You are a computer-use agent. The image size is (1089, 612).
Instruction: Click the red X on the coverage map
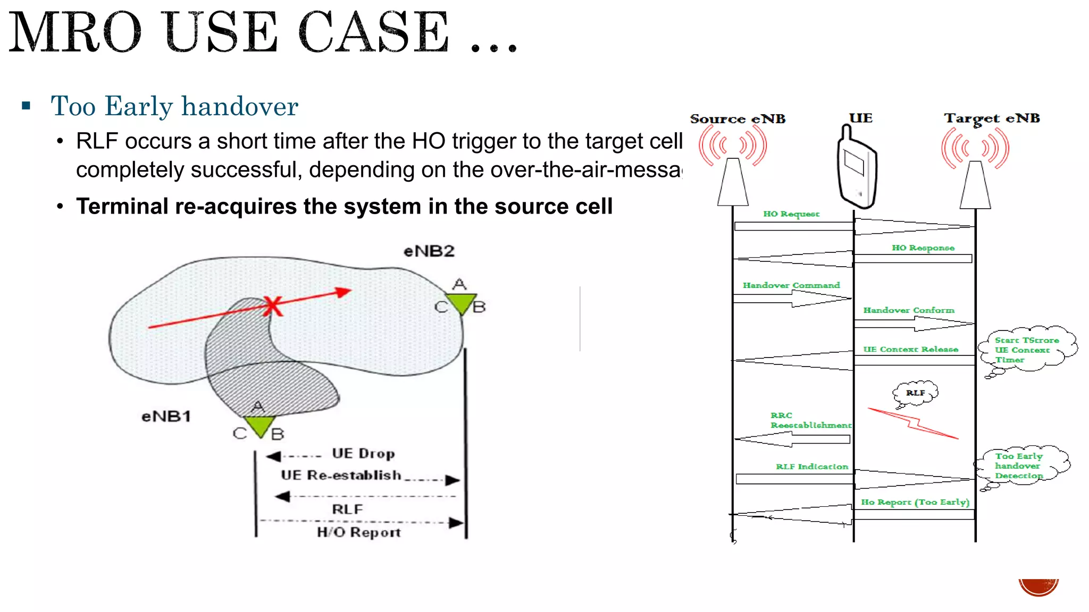[273, 306]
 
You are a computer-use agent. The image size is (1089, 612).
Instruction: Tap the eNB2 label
[429, 251]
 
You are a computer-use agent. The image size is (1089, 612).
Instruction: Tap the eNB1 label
[166, 416]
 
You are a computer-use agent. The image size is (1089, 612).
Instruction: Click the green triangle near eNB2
[460, 303]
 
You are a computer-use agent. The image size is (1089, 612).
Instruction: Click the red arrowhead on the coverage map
[344, 292]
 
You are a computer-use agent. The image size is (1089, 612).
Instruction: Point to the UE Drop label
[363, 454]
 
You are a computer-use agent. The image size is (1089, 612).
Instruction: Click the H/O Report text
[358, 532]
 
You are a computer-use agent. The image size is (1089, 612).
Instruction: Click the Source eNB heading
[738, 119]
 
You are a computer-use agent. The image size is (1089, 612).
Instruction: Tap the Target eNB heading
[992, 118]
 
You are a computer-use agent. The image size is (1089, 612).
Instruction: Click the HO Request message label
[791, 214]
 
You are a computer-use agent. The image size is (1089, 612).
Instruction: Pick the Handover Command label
[791, 285]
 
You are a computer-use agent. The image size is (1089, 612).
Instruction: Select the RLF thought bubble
[915, 393]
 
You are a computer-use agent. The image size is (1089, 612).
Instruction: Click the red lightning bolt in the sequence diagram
[912, 423]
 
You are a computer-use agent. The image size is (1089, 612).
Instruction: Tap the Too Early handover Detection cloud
[1019, 465]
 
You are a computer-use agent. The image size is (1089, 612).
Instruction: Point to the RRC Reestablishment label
[810, 420]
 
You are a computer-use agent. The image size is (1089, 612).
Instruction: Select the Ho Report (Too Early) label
[915, 502]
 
